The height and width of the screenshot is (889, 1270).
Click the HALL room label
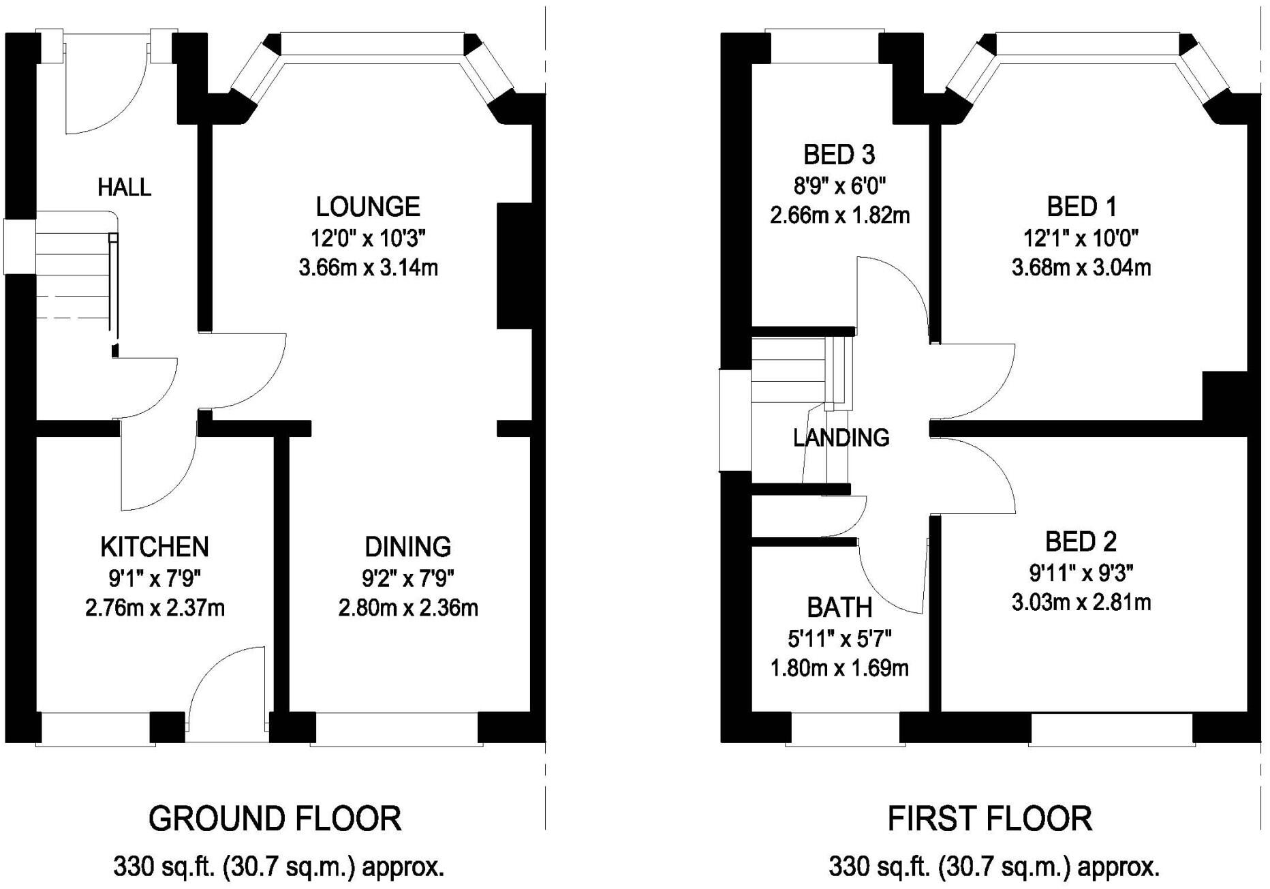click(124, 187)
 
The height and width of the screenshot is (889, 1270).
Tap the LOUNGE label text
click(368, 206)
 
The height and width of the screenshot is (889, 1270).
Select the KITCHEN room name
click(155, 547)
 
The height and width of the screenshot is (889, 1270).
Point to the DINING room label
click(408, 547)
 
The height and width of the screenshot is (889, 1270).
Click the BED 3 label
click(839, 155)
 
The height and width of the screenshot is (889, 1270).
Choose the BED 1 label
click(1082, 206)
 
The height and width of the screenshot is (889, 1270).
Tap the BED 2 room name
click(1081, 542)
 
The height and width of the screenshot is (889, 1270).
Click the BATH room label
click(839, 607)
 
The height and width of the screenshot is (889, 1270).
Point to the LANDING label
click(841, 437)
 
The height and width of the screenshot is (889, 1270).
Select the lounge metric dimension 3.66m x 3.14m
click(368, 267)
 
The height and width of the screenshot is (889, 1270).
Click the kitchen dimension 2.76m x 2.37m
click(155, 607)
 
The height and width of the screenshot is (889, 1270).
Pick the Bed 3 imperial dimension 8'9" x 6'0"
click(839, 185)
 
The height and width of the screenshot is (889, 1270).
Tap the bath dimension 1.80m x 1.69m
click(839, 668)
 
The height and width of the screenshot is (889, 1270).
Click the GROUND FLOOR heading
click(275, 818)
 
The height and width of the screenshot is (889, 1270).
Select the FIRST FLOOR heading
click(990, 818)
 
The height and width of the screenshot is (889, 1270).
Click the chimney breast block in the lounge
click(514, 267)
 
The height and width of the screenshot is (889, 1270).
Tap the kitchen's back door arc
click(211, 661)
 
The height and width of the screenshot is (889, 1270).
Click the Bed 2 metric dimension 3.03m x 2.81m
click(1081, 603)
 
